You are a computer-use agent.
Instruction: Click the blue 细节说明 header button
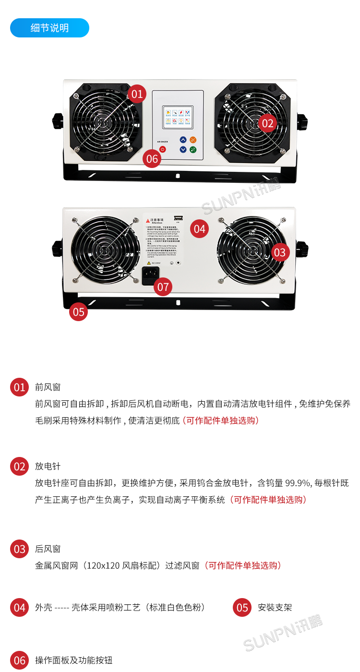pyautogui.click(x=49, y=28)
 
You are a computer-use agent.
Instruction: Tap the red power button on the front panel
pyautogui.click(x=163, y=149)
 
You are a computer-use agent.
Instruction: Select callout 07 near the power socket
pyautogui.click(x=163, y=287)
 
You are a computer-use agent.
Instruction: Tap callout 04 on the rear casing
pyautogui.click(x=199, y=229)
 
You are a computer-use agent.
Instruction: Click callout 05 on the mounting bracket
pyautogui.click(x=79, y=312)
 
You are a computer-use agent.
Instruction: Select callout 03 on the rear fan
pyautogui.click(x=280, y=252)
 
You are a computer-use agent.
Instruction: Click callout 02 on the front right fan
pyautogui.click(x=267, y=123)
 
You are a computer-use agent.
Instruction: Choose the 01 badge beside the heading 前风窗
pyautogui.click(x=19, y=387)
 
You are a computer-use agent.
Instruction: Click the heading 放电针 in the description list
pyautogui.click(x=48, y=467)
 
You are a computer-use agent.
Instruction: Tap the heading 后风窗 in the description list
pyautogui.click(x=48, y=549)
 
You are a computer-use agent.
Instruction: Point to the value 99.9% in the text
pyautogui.click(x=299, y=483)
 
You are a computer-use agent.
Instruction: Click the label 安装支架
pyautogui.click(x=275, y=608)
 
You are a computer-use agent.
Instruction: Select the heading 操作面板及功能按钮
pyautogui.click(x=73, y=660)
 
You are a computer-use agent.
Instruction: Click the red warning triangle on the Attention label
pyautogui.click(x=147, y=220)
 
